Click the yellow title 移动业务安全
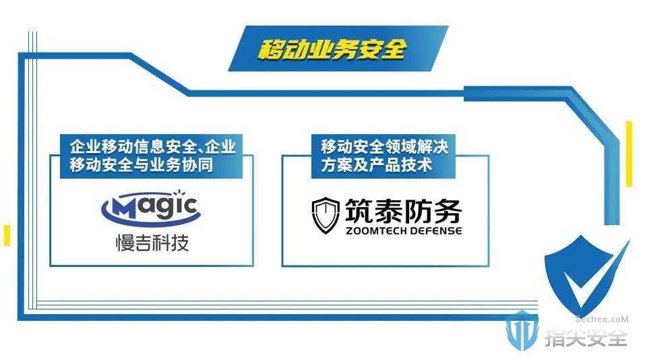tap(332, 49)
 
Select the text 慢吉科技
tap(152, 242)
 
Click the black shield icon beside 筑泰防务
tap(325, 215)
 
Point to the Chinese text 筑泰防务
tap(403, 210)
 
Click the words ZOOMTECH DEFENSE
tap(404, 231)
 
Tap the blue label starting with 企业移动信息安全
tap(151, 156)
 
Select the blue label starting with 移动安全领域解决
tap(383, 156)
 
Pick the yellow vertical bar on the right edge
tap(629, 154)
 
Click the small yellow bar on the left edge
tap(7, 236)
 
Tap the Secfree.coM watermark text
tap(602, 319)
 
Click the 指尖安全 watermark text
tap(586, 338)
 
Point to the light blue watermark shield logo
tap(522, 330)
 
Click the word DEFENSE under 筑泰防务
tap(435, 231)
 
